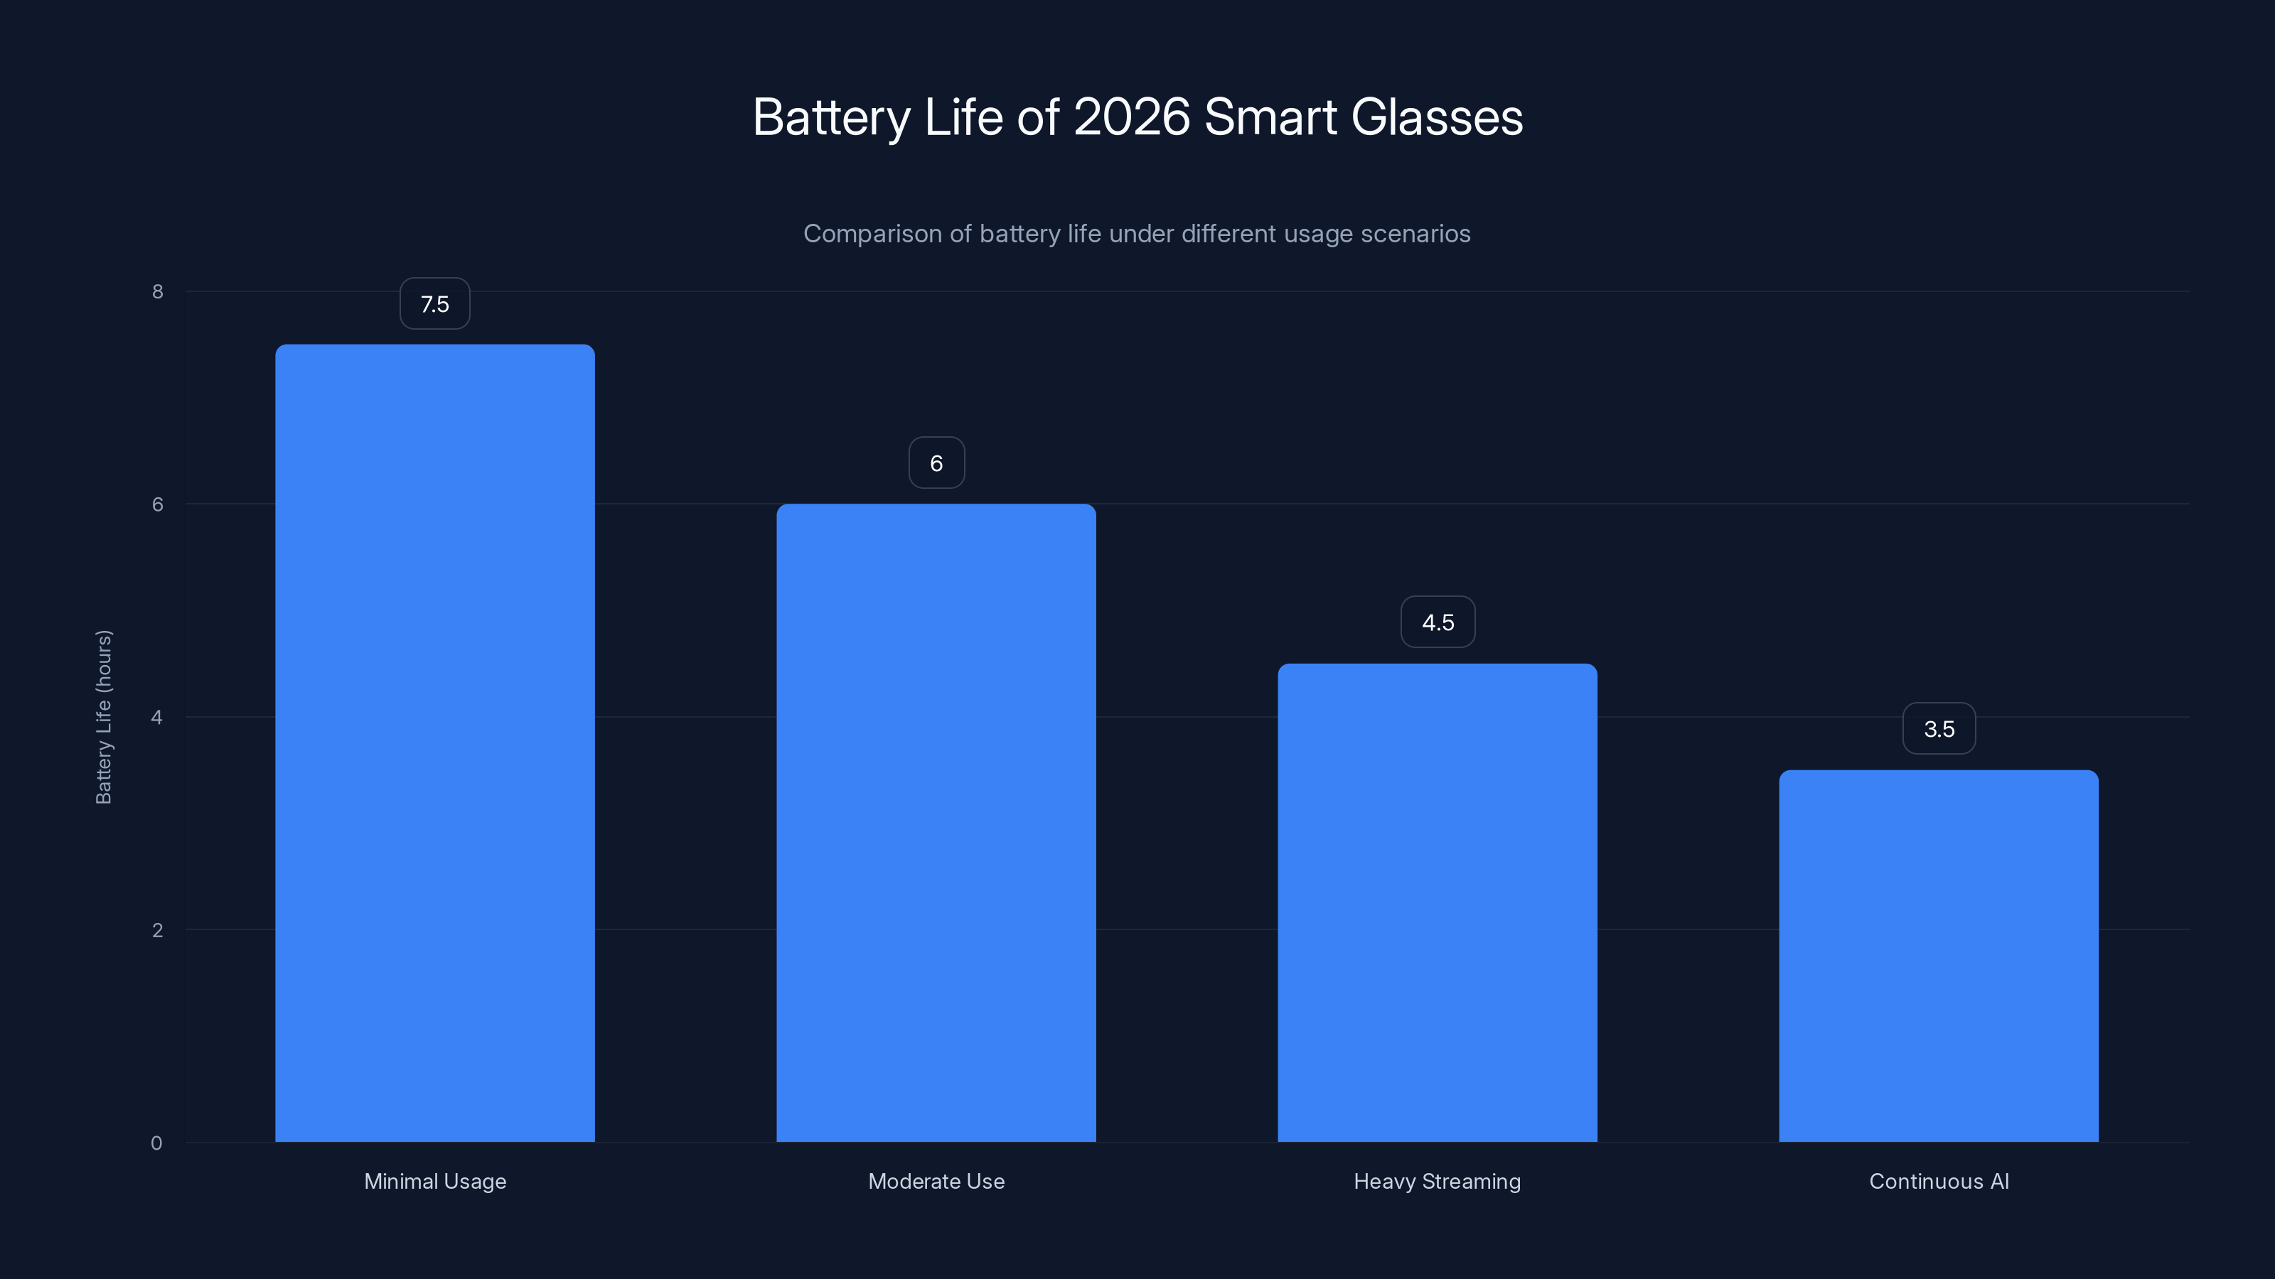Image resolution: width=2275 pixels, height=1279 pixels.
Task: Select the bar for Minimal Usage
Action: tap(434, 743)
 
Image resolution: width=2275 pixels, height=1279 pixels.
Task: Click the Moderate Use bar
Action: tap(936, 822)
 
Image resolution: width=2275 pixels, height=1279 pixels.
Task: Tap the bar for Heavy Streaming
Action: tap(1437, 902)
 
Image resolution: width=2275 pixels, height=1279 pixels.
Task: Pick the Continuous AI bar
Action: tap(1939, 955)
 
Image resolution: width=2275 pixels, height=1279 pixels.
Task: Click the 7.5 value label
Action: tap(434, 303)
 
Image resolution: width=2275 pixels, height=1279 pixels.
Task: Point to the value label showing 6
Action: tap(936, 463)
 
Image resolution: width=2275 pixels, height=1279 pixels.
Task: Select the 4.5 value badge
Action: tap(1438, 622)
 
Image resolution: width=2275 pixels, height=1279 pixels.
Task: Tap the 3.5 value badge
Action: tap(1939, 728)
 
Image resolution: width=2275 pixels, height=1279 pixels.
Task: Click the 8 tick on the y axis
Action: tap(158, 291)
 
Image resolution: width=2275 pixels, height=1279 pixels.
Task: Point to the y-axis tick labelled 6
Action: tap(158, 504)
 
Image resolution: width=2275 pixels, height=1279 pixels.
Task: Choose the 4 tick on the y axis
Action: tap(157, 717)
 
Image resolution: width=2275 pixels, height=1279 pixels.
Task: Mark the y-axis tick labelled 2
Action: tap(158, 929)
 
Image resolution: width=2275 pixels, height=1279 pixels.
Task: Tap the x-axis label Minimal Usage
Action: tap(434, 1181)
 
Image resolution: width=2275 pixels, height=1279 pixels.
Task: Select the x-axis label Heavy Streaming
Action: tap(1437, 1181)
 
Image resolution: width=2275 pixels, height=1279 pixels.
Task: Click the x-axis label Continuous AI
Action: tap(1939, 1181)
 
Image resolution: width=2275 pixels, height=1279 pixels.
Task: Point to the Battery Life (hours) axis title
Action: tap(103, 717)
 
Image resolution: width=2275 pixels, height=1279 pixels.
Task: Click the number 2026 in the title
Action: tap(1131, 117)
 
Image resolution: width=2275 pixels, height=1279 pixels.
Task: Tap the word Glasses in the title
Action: tap(1437, 117)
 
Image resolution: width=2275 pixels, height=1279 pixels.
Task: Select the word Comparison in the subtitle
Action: tap(872, 234)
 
